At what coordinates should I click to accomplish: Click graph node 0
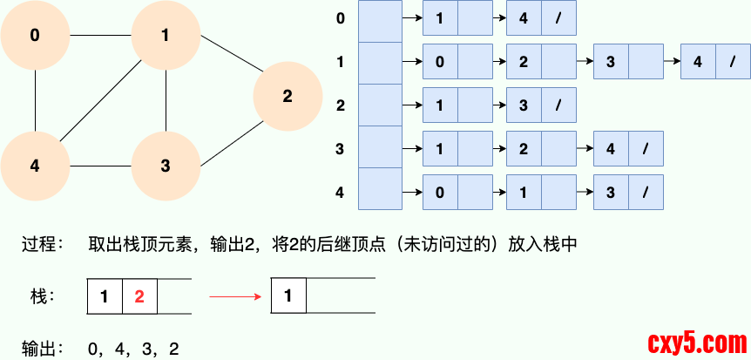tap(35, 36)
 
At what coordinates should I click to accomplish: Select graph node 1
tap(166, 36)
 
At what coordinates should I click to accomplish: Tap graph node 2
tap(288, 96)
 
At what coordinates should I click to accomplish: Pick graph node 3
tap(166, 166)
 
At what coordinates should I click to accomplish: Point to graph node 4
tap(35, 166)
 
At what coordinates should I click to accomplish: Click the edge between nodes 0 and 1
tap(100, 36)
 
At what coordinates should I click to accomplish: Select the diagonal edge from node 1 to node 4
tap(100, 100)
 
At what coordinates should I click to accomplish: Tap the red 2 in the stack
tap(139, 296)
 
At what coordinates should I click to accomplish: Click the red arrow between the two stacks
tap(235, 296)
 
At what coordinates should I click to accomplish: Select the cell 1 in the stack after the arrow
tap(289, 296)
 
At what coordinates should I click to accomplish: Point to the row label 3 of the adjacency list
tap(340, 149)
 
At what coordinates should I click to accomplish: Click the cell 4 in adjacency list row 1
tap(698, 62)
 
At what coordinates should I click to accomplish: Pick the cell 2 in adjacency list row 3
tap(524, 149)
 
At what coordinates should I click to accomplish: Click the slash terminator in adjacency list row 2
tap(558, 105)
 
